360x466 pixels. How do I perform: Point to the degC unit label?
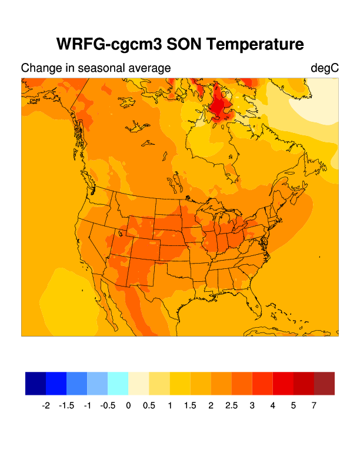click(325, 68)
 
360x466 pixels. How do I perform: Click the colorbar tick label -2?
click(46, 406)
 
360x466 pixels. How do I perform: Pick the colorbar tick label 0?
click(128, 406)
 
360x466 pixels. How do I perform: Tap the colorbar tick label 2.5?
click(231, 406)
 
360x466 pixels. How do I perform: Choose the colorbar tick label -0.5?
click(108, 406)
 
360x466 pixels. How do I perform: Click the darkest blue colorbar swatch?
click(35, 383)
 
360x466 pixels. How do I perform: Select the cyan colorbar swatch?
click(118, 383)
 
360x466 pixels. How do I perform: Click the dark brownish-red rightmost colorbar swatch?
click(324, 383)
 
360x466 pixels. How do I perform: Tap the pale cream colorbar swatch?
click(138, 383)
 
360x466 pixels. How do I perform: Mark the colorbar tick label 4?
click(272, 406)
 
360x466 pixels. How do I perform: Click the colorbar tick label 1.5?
click(190, 406)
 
